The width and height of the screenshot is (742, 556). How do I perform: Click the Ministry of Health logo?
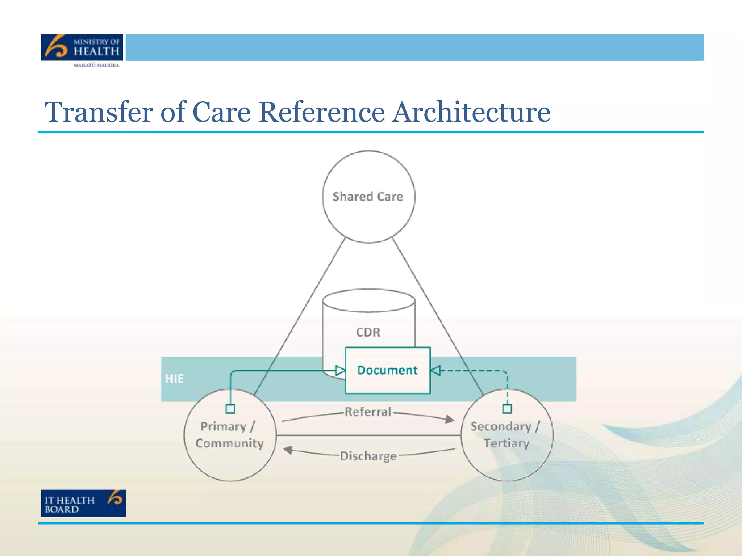(x=82, y=47)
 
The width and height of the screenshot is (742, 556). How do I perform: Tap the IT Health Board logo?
(x=83, y=503)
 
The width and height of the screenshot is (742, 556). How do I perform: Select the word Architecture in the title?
(x=472, y=112)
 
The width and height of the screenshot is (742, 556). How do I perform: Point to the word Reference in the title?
(x=322, y=112)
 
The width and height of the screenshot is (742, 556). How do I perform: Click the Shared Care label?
(x=368, y=197)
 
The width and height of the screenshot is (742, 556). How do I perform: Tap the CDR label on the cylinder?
(x=368, y=332)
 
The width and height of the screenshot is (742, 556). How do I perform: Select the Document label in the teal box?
(x=387, y=370)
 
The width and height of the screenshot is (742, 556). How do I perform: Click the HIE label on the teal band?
(x=174, y=379)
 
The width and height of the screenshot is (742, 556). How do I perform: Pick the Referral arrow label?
(x=368, y=412)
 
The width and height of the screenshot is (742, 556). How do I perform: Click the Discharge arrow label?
(x=368, y=456)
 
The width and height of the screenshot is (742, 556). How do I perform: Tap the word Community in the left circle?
(x=230, y=443)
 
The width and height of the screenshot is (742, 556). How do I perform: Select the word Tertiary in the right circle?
(x=507, y=443)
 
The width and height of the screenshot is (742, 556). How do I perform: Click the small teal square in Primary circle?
(x=230, y=409)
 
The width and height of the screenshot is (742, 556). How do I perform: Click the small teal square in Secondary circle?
(x=507, y=409)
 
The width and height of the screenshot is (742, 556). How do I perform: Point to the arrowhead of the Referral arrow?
(x=450, y=419)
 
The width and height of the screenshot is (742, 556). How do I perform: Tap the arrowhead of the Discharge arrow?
(x=288, y=450)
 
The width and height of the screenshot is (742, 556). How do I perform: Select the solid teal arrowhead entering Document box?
(x=340, y=370)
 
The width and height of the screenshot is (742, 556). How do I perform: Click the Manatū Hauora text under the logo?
(x=96, y=66)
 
